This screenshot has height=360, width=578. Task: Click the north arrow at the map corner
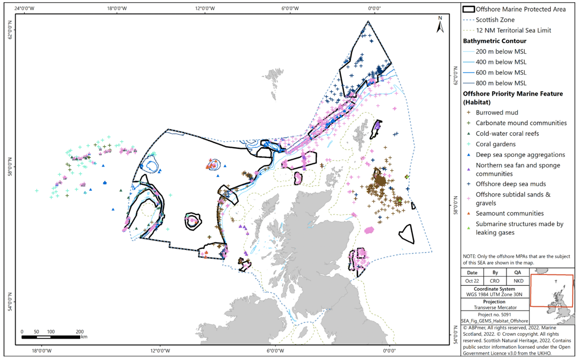(x=440, y=24)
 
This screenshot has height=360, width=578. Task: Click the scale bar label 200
(x=80, y=332)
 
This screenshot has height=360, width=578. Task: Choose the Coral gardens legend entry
(x=495, y=144)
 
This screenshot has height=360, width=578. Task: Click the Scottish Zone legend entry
(x=495, y=20)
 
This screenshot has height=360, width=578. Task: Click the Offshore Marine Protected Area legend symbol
(x=468, y=9)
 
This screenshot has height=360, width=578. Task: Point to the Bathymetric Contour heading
(x=494, y=41)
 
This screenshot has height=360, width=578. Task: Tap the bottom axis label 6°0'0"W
(x=275, y=350)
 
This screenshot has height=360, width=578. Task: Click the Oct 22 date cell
(x=472, y=281)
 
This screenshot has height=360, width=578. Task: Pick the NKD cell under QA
(x=518, y=281)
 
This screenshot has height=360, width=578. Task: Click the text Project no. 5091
(x=495, y=314)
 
